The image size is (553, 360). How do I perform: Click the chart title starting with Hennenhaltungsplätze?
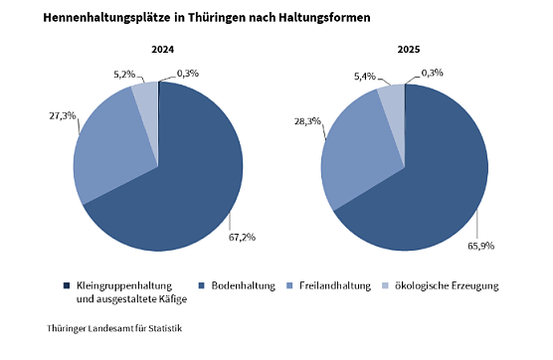coord(198,18)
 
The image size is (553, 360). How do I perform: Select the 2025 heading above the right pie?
coord(409,50)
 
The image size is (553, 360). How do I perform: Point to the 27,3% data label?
coord(62,115)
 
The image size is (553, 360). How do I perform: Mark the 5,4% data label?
coord(367,76)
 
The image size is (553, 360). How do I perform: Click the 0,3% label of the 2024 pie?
coord(186,73)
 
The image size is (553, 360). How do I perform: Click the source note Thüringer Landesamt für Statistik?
coord(113,327)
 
